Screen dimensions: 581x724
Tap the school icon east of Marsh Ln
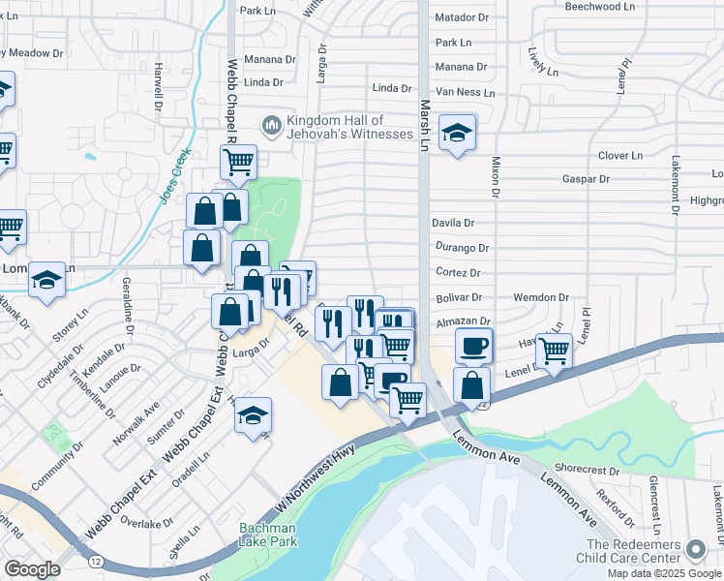pos(457,134)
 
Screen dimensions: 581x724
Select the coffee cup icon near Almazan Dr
pos(474,346)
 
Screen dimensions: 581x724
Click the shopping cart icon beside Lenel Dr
pos(554,352)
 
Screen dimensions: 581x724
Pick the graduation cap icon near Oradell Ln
pos(254,416)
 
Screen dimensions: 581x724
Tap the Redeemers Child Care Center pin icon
pos(695,550)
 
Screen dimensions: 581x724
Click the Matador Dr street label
pos(463,17)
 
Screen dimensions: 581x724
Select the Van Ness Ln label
pos(465,92)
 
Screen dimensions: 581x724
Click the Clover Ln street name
pos(620,155)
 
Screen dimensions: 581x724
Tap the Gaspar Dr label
pos(587,179)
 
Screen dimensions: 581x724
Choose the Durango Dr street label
pos(461,248)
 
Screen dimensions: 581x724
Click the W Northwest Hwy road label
pos(312,475)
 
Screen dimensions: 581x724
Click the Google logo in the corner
pos(32,569)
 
